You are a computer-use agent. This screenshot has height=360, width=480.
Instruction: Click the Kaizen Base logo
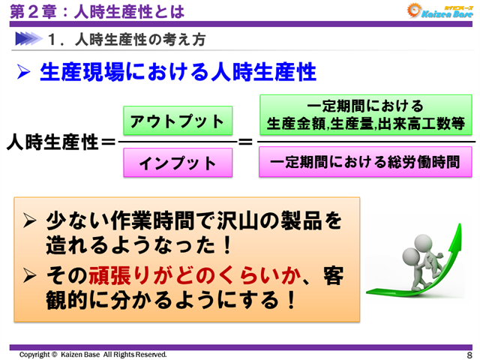[438, 10]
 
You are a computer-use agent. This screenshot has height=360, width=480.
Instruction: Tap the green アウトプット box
[178, 121]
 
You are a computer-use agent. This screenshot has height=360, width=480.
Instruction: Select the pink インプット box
[178, 163]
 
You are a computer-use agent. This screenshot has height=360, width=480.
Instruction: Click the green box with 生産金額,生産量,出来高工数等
[367, 115]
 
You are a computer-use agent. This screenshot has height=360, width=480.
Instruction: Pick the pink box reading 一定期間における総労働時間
[367, 162]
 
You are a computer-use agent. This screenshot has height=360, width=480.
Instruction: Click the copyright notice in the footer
[93, 354]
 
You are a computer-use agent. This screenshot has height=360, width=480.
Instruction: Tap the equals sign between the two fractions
[245, 141]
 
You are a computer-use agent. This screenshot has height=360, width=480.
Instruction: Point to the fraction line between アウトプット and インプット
[178, 142]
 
